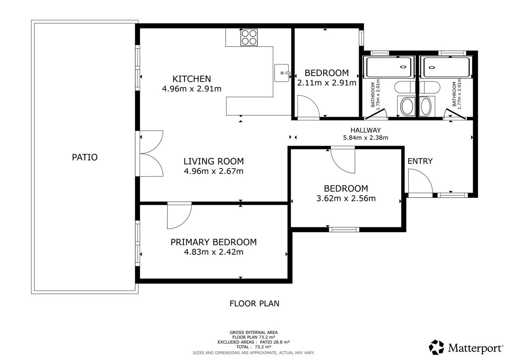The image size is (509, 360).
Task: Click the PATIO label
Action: coord(85,157)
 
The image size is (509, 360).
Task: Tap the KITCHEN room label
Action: coord(192,79)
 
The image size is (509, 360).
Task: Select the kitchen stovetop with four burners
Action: coord(249,37)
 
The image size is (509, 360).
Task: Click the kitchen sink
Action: coord(282,73)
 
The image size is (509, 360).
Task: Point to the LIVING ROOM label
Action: coord(214,161)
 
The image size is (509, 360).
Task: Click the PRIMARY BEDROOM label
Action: coord(214,242)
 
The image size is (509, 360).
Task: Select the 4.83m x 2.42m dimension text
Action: coord(214,252)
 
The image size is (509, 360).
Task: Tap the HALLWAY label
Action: coord(365,130)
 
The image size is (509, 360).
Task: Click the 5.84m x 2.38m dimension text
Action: coord(365,138)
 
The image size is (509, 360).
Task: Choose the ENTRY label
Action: coord(420,161)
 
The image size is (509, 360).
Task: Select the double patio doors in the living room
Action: coord(151,154)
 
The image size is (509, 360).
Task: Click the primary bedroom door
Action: coord(180,216)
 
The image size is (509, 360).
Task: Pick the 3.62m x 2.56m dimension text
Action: coord(346,198)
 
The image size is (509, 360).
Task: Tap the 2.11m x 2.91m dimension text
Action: coord(327,83)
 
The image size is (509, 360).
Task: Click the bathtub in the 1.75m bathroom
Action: coord(389,67)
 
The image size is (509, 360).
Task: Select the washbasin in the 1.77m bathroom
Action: coord(426,106)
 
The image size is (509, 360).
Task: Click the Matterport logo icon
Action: coord(436,347)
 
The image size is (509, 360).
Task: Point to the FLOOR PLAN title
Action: coord(254,304)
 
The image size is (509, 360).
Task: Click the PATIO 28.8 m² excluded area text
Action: coord(275,342)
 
